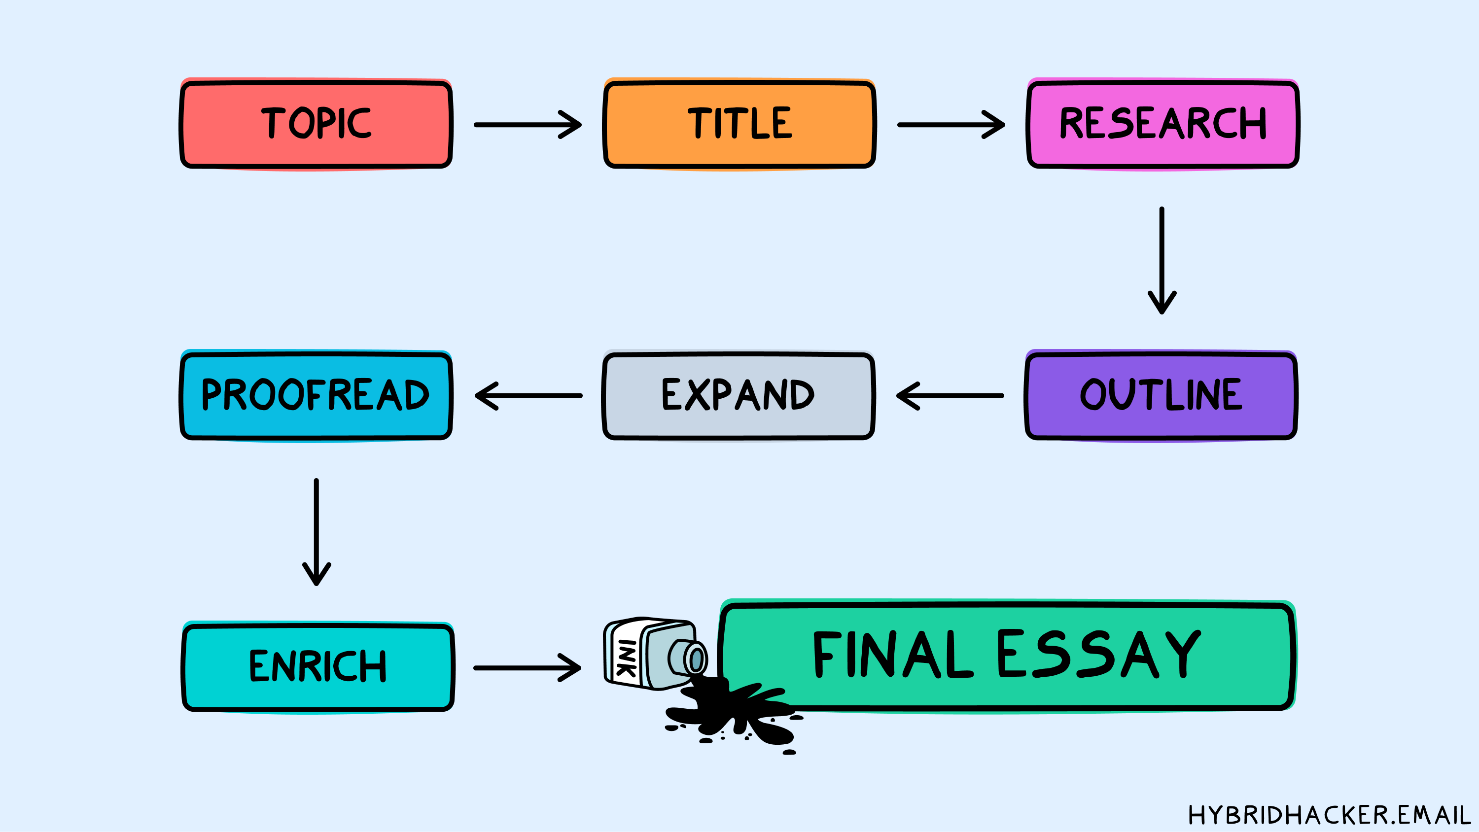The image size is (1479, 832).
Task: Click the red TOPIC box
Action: click(x=316, y=124)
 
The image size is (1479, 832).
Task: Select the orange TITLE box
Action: click(x=739, y=124)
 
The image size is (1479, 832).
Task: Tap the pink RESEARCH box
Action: click(x=1162, y=124)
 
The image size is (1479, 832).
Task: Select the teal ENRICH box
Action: click(x=317, y=666)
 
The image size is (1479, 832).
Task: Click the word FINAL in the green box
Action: click(x=893, y=655)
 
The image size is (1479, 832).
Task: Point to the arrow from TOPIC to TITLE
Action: click(x=527, y=125)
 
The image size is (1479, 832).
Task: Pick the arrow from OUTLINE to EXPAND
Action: click(x=950, y=396)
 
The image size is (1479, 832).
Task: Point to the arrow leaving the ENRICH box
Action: click(x=527, y=668)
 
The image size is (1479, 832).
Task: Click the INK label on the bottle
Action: click(x=626, y=658)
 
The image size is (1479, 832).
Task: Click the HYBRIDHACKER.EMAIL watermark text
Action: click(x=1329, y=815)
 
